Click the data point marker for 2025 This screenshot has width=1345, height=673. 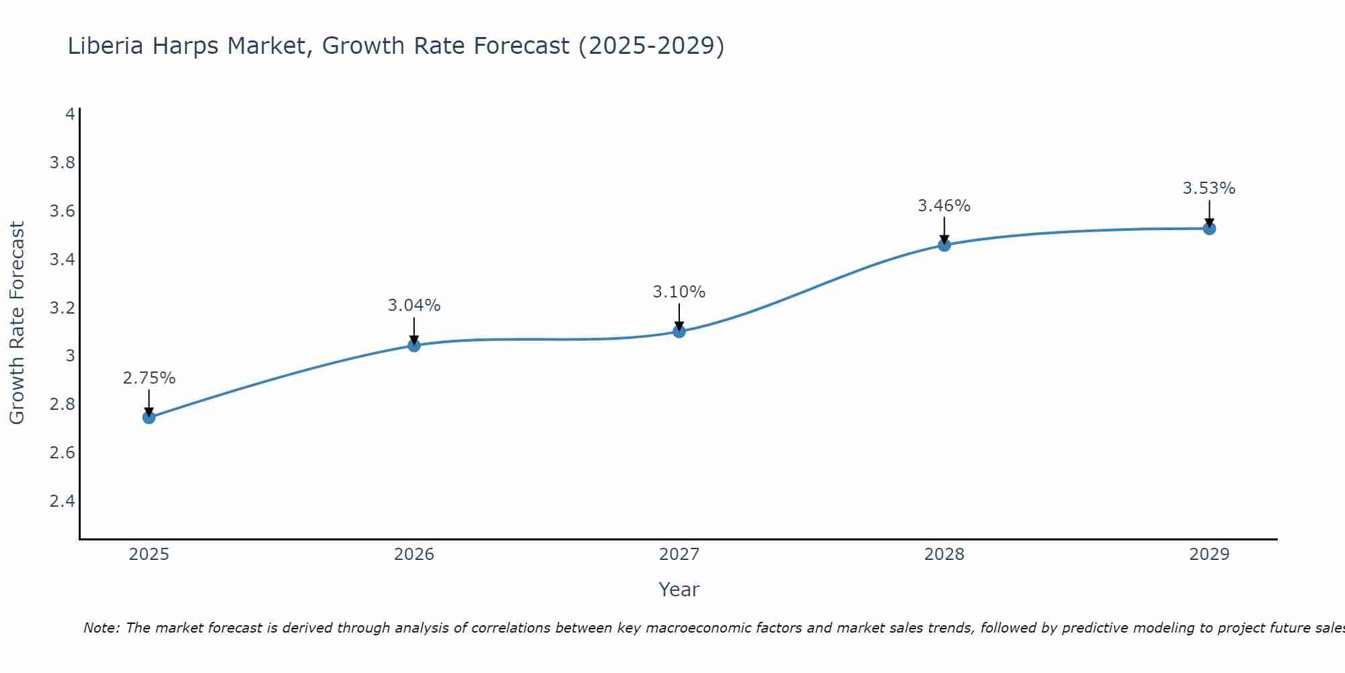point(149,417)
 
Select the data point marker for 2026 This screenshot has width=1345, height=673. point(414,345)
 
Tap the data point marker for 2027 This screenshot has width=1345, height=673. point(679,331)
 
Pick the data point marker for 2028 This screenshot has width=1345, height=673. point(944,245)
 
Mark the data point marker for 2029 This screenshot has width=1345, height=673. point(1209,228)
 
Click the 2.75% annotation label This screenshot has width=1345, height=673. point(149,378)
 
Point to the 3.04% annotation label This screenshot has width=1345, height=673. point(414,306)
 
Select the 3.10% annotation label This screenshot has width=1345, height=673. point(679,292)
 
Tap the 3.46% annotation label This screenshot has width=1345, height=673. point(944,206)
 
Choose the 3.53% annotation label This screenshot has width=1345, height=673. point(1209,188)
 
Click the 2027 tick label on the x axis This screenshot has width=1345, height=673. point(679,555)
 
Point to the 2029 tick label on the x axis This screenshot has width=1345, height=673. point(1209,555)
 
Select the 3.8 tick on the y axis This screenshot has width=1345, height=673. point(63,163)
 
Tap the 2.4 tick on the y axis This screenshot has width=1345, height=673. point(63,501)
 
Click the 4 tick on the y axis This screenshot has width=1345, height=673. point(70,114)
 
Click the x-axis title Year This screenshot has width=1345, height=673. point(679,590)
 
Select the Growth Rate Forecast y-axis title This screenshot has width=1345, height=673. point(17,323)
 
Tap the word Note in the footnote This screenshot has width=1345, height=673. point(101,628)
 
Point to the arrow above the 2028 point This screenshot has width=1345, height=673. point(944,230)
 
